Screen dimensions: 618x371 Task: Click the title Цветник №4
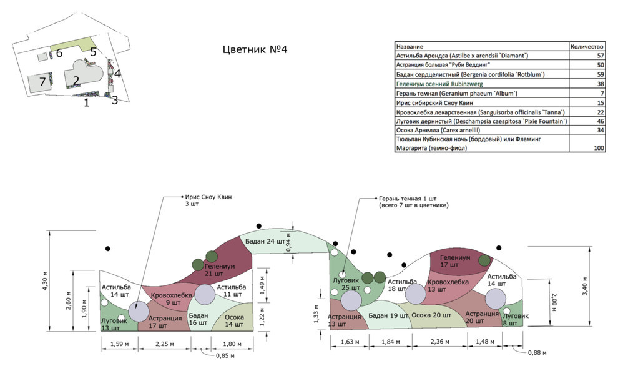255,50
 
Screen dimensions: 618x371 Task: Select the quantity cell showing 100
598,148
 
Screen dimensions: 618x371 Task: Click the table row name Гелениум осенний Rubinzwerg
439,84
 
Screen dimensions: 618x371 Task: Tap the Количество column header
587,46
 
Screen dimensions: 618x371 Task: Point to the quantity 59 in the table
601,74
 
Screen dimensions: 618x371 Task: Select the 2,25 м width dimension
165,344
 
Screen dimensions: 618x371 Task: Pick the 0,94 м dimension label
288,242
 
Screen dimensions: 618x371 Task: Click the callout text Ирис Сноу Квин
208,197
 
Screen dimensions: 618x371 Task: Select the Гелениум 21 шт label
219,270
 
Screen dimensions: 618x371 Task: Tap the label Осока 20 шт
431,315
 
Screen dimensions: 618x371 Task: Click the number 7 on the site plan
42,82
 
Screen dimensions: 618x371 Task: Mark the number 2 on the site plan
76,81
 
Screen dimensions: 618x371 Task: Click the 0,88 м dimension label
537,352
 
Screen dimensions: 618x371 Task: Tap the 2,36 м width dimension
439,342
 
